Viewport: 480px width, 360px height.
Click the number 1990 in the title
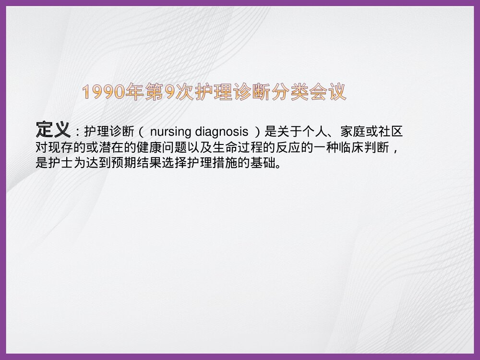click(x=103, y=92)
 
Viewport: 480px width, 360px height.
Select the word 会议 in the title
click(x=329, y=92)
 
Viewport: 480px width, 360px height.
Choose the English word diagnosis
click(x=222, y=132)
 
